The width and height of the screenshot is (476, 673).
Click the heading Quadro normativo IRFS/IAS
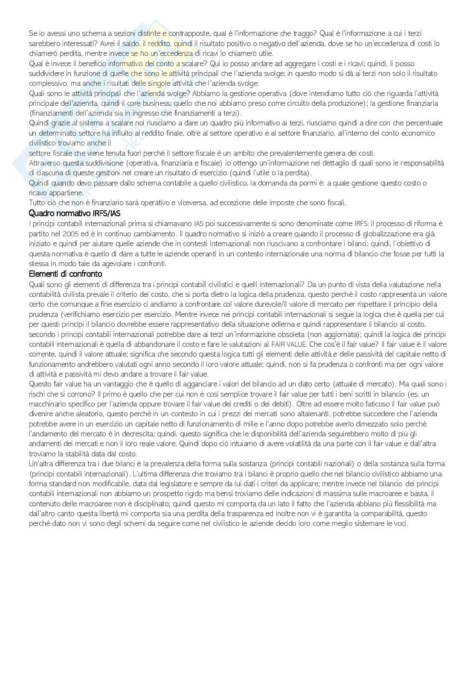(x=77, y=213)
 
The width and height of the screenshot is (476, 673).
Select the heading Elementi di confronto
(x=65, y=274)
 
